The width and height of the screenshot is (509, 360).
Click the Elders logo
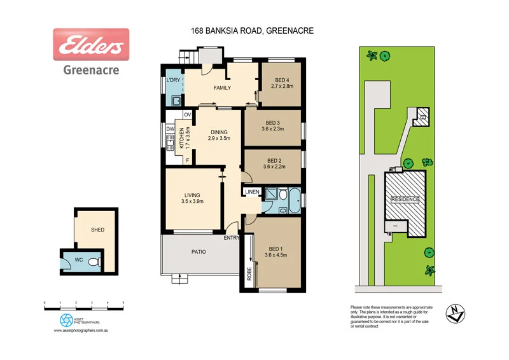(91, 45)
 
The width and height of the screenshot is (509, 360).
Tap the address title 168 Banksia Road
(253, 30)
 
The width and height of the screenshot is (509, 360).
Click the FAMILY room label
(221, 88)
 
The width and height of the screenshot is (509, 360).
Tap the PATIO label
(199, 252)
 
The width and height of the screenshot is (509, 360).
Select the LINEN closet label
(251, 192)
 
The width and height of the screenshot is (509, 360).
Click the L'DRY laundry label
(172, 80)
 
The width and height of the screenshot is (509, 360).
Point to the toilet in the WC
(94, 261)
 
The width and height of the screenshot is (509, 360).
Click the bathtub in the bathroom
(294, 200)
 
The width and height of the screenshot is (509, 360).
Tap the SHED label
(97, 230)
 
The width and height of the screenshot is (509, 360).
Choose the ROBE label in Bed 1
(249, 273)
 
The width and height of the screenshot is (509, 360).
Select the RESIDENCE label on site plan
(405, 199)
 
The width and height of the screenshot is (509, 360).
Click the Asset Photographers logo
(67, 319)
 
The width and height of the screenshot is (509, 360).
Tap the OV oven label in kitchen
(187, 114)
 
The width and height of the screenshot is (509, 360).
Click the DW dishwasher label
(170, 129)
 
